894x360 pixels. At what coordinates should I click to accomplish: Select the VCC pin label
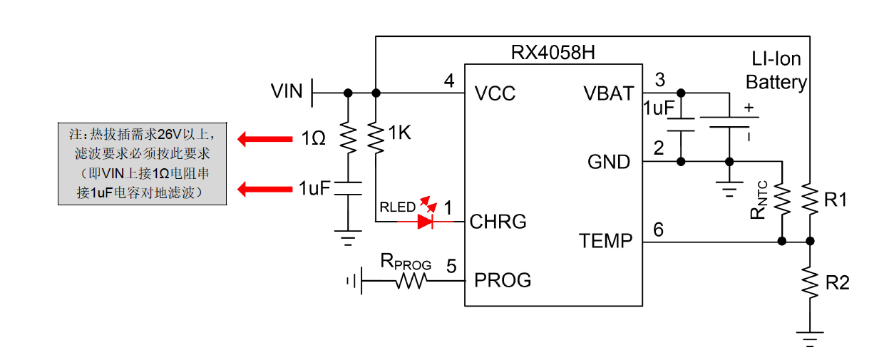[x=495, y=93]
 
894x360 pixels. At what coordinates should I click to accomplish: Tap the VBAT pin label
[x=608, y=93]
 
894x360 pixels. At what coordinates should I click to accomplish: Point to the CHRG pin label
[x=498, y=222]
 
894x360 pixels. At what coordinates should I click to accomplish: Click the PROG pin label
[x=503, y=280]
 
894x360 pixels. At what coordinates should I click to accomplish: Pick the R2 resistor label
[x=837, y=283]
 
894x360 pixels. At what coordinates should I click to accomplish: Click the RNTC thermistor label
[x=763, y=200]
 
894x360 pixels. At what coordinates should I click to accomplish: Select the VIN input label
[x=287, y=92]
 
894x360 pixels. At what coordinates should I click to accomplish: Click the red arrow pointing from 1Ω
[x=260, y=139]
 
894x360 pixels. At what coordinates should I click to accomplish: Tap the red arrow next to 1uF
[x=260, y=189]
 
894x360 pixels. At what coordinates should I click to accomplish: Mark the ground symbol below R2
[x=810, y=338]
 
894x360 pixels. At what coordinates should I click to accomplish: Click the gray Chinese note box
[x=142, y=163]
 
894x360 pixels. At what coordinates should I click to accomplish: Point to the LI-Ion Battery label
[x=776, y=71]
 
